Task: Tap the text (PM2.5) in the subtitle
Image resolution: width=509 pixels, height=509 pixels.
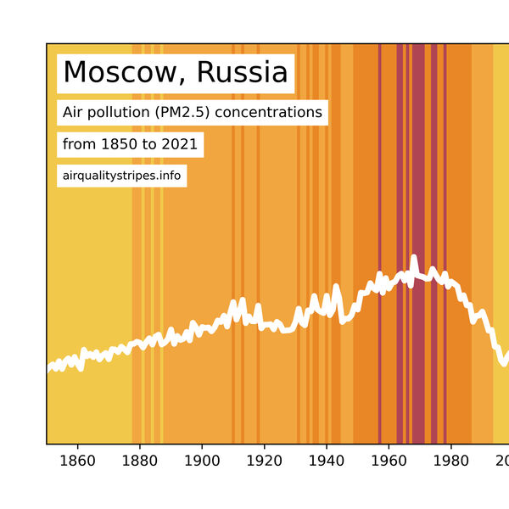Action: point(175,112)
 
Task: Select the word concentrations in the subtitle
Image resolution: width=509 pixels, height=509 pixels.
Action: point(267,112)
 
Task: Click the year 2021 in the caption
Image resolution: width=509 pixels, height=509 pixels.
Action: point(178,144)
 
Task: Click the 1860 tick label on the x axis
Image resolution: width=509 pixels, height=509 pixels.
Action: point(77,462)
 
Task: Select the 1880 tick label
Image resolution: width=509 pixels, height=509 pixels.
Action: point(139,462)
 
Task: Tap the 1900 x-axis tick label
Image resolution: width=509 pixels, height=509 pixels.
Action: point(202,462)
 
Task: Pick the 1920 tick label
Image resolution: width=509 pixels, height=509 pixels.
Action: point(264,462)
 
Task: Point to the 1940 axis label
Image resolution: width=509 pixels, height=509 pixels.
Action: point(326,462)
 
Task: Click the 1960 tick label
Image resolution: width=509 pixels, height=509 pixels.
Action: point(388,462)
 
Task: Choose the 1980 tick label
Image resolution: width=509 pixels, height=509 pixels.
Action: point(450,462)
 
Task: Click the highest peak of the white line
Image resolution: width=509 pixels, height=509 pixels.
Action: point(414,257)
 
